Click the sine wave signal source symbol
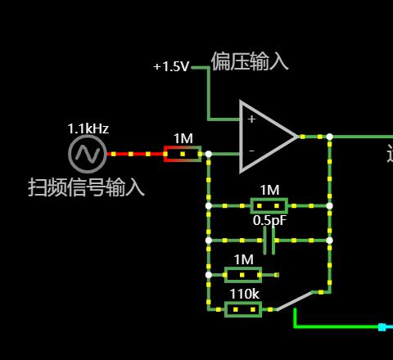[x=88, y=154]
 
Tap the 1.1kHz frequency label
[x=88, y=128]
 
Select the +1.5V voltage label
[x=171, y=66]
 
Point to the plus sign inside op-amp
[x=251, y=119]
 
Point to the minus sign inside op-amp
[x=251, y=151]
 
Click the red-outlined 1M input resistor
[x=183, y=154]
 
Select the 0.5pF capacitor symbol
[x=269, y=241]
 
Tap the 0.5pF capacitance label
[x=269, y=220]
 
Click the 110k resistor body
[x=243, y=309]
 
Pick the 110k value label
[x=244, y=294]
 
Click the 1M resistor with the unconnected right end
[x=243, y=275]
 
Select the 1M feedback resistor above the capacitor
[x=269, y=205]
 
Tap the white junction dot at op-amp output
[x=330, y=137]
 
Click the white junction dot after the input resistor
[x=209, y=154]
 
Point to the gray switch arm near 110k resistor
[x=294, y=301]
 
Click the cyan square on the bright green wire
[x=382, y=327]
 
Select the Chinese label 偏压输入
[x=250, y=61]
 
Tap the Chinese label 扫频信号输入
[x=86, y=187]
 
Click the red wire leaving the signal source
[x=135, y=154]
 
